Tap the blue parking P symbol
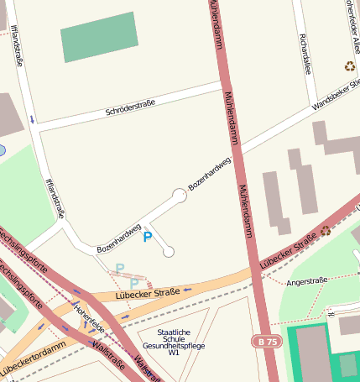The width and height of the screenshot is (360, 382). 148,238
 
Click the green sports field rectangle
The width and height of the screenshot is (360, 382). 100,37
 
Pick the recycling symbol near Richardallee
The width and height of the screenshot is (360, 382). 349,66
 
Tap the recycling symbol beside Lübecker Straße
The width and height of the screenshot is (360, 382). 326,231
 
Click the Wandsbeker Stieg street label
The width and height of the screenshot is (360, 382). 336,95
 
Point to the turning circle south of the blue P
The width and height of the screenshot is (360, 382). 169,252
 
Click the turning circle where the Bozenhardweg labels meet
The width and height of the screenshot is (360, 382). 179,195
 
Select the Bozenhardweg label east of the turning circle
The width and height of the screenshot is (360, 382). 209,174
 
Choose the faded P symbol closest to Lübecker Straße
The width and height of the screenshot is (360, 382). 133,284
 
